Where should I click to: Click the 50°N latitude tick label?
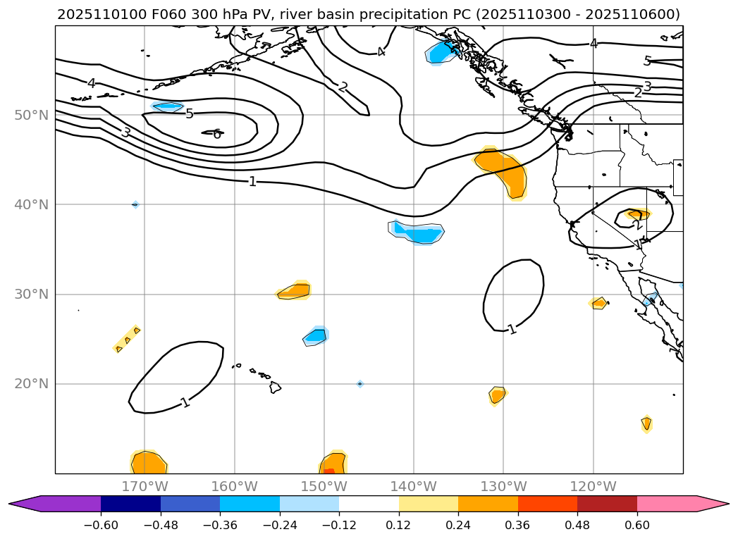(x=31, y=115)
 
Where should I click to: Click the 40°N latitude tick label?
(x=31, y=204)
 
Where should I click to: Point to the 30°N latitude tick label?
(x=31, y=294)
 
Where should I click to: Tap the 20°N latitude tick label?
(x=31, y=384)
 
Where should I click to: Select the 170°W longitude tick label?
(x=144, y=487)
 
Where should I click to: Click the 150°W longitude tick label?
(x=324, y=487)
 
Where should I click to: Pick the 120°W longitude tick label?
(x=594, y=487)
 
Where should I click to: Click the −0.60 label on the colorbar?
(x=101, y=525)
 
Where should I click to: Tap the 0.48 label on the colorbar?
(x=577, y=525)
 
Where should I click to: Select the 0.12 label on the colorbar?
(x=398, y=525)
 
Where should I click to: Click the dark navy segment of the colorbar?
(x=130, y=503)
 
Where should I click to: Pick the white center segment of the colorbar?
(x=369, y=503)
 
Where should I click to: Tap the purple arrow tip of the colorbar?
(x=25, y=503)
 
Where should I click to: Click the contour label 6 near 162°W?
(x=217, y=134)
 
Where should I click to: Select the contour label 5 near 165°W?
(x=189, y=113)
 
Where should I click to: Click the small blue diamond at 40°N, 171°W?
(x=135, y=204)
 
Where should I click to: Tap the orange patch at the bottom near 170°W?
(x=148, y=463)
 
